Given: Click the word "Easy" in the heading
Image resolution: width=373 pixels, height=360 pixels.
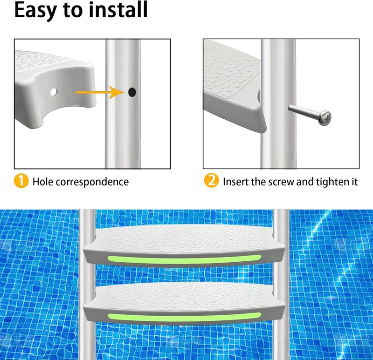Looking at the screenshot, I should pyautogui.click(x=38, y=10).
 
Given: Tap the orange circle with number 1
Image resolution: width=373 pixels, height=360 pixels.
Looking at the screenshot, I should pyautogui.click(x=21, y=181).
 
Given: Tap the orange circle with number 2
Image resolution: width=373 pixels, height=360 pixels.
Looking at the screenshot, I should pyautogui.click(x=211, y=181).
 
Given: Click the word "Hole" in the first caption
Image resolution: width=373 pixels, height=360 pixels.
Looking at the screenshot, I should pyautogui.click(x=42, y=181).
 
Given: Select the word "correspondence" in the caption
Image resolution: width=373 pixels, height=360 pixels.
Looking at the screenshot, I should pyautogui.click(x=92, y=182).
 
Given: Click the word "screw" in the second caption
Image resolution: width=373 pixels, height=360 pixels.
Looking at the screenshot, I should pyautogui.click(x=279, y=181).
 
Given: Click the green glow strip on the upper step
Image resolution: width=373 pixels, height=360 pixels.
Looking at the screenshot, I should pyautogui.click(x=182, y=259).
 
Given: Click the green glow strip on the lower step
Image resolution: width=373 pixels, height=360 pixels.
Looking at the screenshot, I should pyautogui.click(x=182, y=317).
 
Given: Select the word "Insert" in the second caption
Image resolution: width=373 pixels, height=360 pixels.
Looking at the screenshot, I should pyautogui.click(x=235, y=181).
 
